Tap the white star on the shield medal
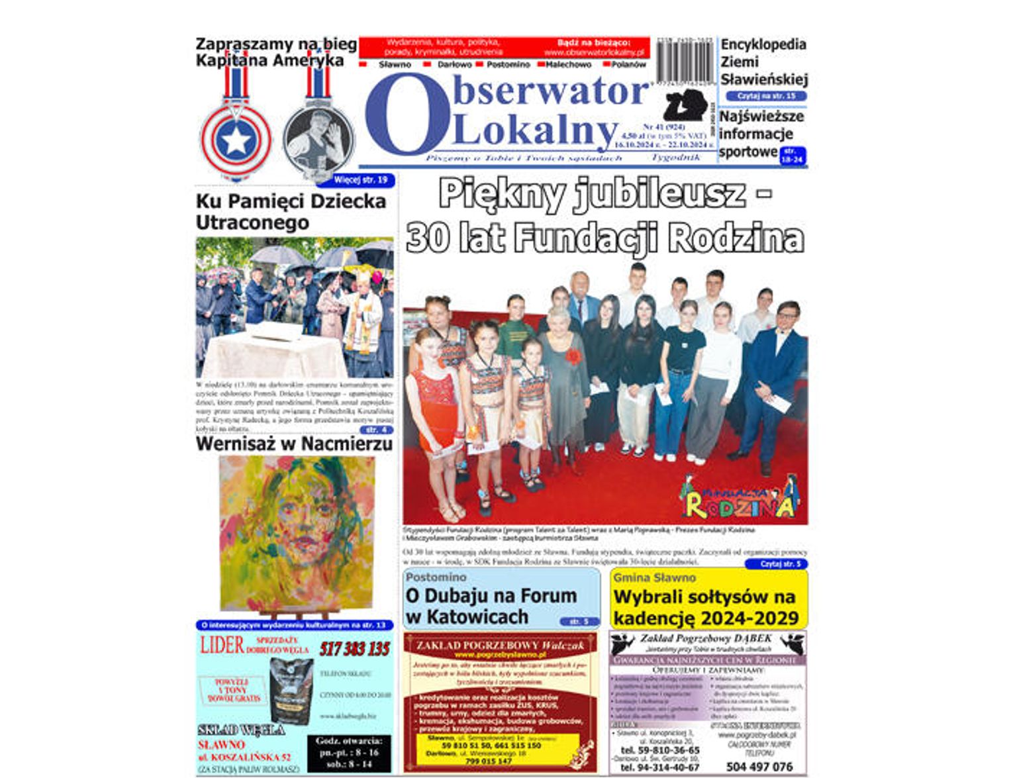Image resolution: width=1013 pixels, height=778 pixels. (x=236, y=140)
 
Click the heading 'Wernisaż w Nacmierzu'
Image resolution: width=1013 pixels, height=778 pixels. (x=294, y=444)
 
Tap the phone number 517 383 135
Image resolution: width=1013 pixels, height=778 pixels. (x=355, y=649)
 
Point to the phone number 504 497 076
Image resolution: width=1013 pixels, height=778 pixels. (x=759, y=767)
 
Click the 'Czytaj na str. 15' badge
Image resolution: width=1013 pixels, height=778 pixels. (x=766, y=96)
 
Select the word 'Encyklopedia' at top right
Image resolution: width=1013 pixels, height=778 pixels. (x=763, y=45)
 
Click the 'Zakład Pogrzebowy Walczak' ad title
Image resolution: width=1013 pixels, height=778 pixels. (x=500, y=644)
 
